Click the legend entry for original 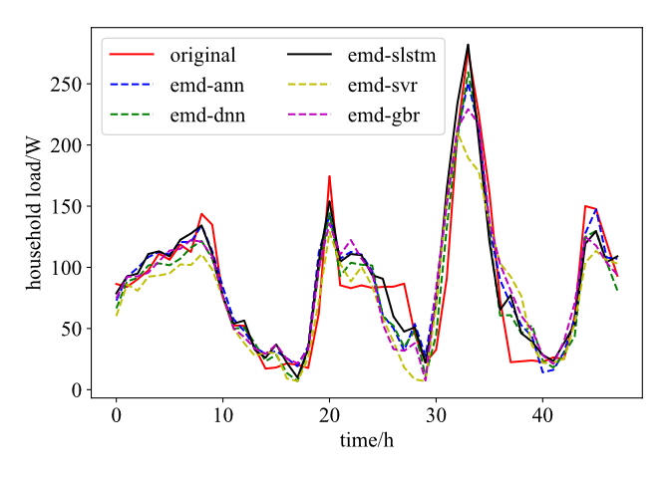(202, 55)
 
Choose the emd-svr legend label (385, 86)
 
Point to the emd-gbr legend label (384, 117)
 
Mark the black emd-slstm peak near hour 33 (468, 45)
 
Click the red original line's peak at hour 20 (329, 176)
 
